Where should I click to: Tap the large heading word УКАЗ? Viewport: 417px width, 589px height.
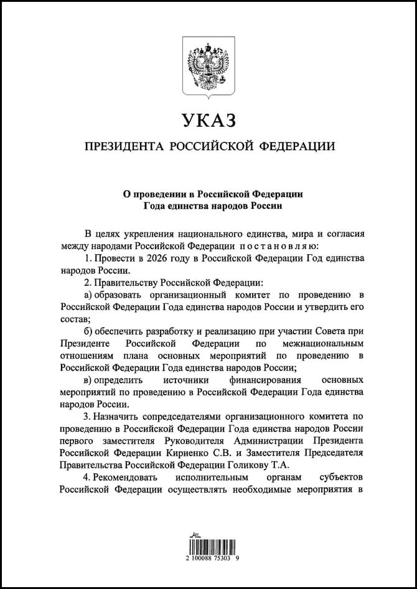(x=208, y=118)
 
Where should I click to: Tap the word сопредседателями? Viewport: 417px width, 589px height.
(x=184, y=415)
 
